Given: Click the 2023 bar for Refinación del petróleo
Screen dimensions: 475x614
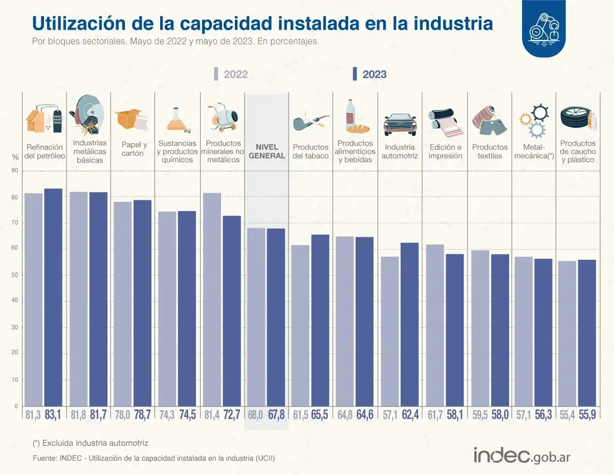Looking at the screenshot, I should point(53,297).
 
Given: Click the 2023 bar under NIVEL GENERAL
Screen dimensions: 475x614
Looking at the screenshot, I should point(276,317).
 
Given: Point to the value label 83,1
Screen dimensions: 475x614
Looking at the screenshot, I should point(53,415).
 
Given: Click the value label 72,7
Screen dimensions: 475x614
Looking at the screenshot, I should point(231,415).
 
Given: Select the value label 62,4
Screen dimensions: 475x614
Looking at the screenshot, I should point(409,415).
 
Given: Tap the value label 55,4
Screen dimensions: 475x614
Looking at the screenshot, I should point(567,415).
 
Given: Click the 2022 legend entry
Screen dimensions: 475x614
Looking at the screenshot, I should point(230,74).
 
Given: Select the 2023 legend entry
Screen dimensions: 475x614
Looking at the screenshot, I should point(369,74).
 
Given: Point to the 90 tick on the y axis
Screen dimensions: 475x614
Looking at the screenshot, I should point(15,171).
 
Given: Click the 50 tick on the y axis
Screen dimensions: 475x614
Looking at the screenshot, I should point(15,275).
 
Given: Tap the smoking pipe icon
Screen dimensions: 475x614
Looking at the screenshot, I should point(310,122).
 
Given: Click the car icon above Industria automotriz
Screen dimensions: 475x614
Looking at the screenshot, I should point(400,123).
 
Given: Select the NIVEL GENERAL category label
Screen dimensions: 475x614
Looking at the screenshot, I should point(267,151).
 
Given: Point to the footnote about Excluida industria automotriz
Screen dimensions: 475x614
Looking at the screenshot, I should point(90,443).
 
